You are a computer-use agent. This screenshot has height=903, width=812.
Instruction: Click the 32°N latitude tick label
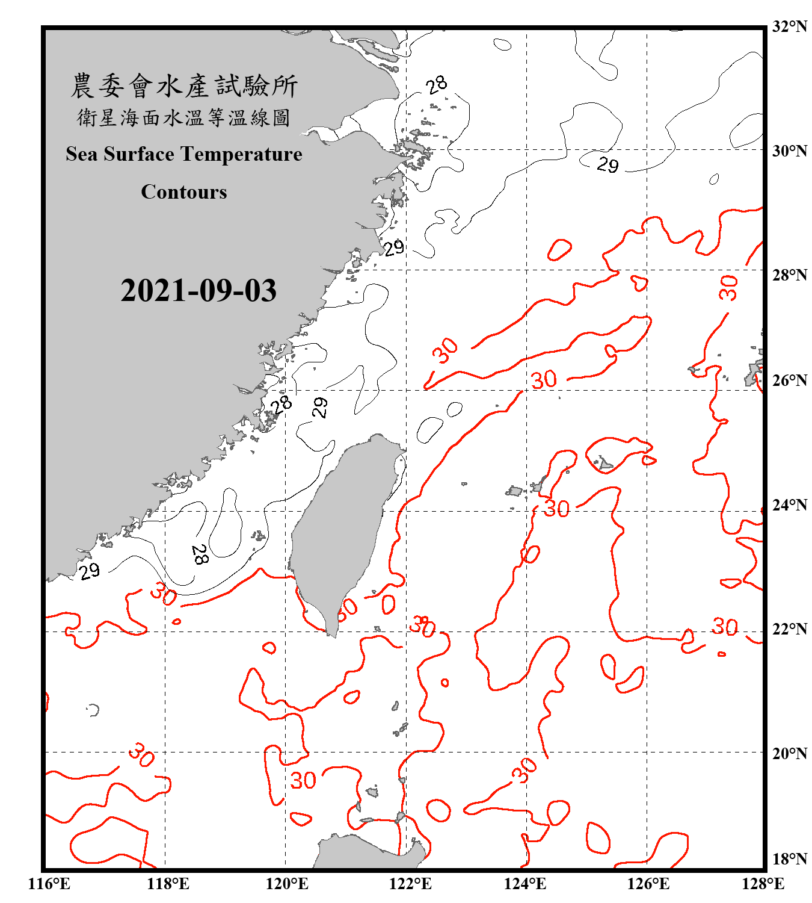coord(789,26)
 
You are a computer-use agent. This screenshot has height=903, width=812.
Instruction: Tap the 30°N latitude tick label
coord(789,150)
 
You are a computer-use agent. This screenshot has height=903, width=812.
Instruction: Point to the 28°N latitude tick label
coord(789,275)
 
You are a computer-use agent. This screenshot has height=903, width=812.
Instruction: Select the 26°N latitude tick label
coord(789,380)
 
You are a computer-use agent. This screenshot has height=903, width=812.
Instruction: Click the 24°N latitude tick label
coord(789,504)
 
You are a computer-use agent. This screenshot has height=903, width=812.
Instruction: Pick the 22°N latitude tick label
coord(789,629)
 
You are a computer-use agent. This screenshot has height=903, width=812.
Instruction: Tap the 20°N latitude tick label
coord(789,753)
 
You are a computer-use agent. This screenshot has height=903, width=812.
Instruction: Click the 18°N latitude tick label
coord(789,859)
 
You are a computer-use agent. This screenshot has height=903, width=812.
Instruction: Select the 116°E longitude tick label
coord(49,884)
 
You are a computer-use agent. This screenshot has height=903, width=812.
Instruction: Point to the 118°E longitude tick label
coord(168,884)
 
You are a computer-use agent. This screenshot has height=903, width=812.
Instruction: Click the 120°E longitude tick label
coord(288,884)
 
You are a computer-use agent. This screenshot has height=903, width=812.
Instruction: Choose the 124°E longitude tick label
coord(525,884)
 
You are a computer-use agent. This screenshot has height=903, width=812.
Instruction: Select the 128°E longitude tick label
coord(763,884)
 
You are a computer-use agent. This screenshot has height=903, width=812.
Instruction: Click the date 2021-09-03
coord(198,291)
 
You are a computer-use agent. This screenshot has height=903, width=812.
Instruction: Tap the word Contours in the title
coord(184,192)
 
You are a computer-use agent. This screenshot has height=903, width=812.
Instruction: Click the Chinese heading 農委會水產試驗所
coord(184,86)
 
